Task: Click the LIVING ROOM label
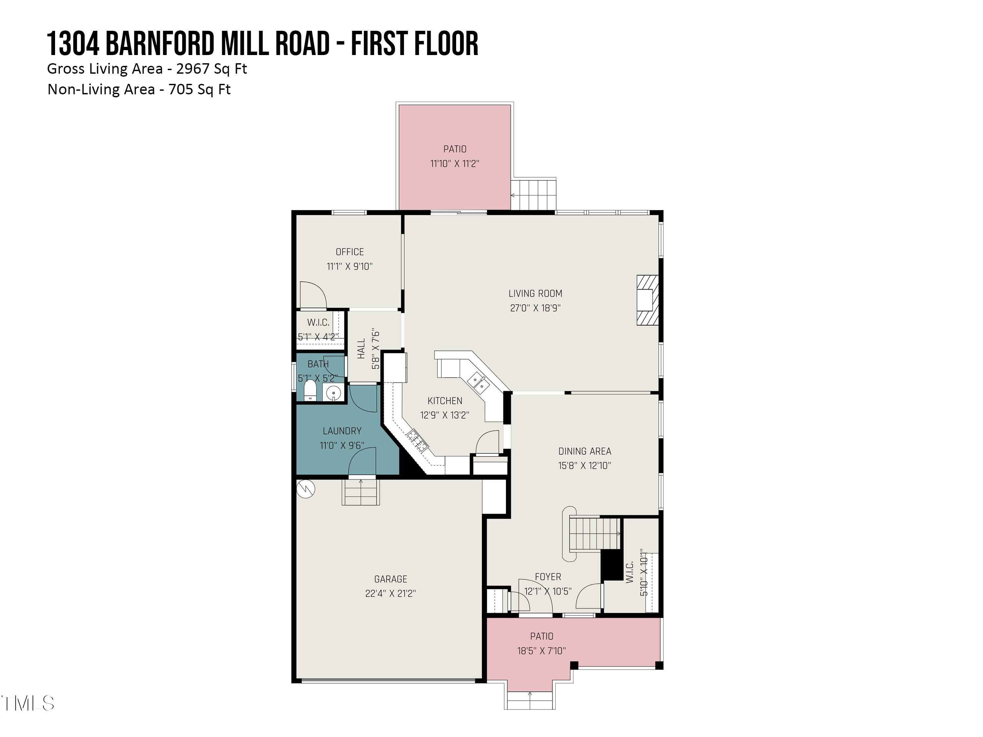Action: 535,293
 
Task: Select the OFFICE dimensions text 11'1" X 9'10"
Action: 349,267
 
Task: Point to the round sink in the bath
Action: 333,393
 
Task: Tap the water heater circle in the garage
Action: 306,489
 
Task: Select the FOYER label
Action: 548,576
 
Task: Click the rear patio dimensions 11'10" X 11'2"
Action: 454,163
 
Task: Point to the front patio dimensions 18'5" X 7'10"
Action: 541,651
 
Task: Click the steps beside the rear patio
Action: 533,195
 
